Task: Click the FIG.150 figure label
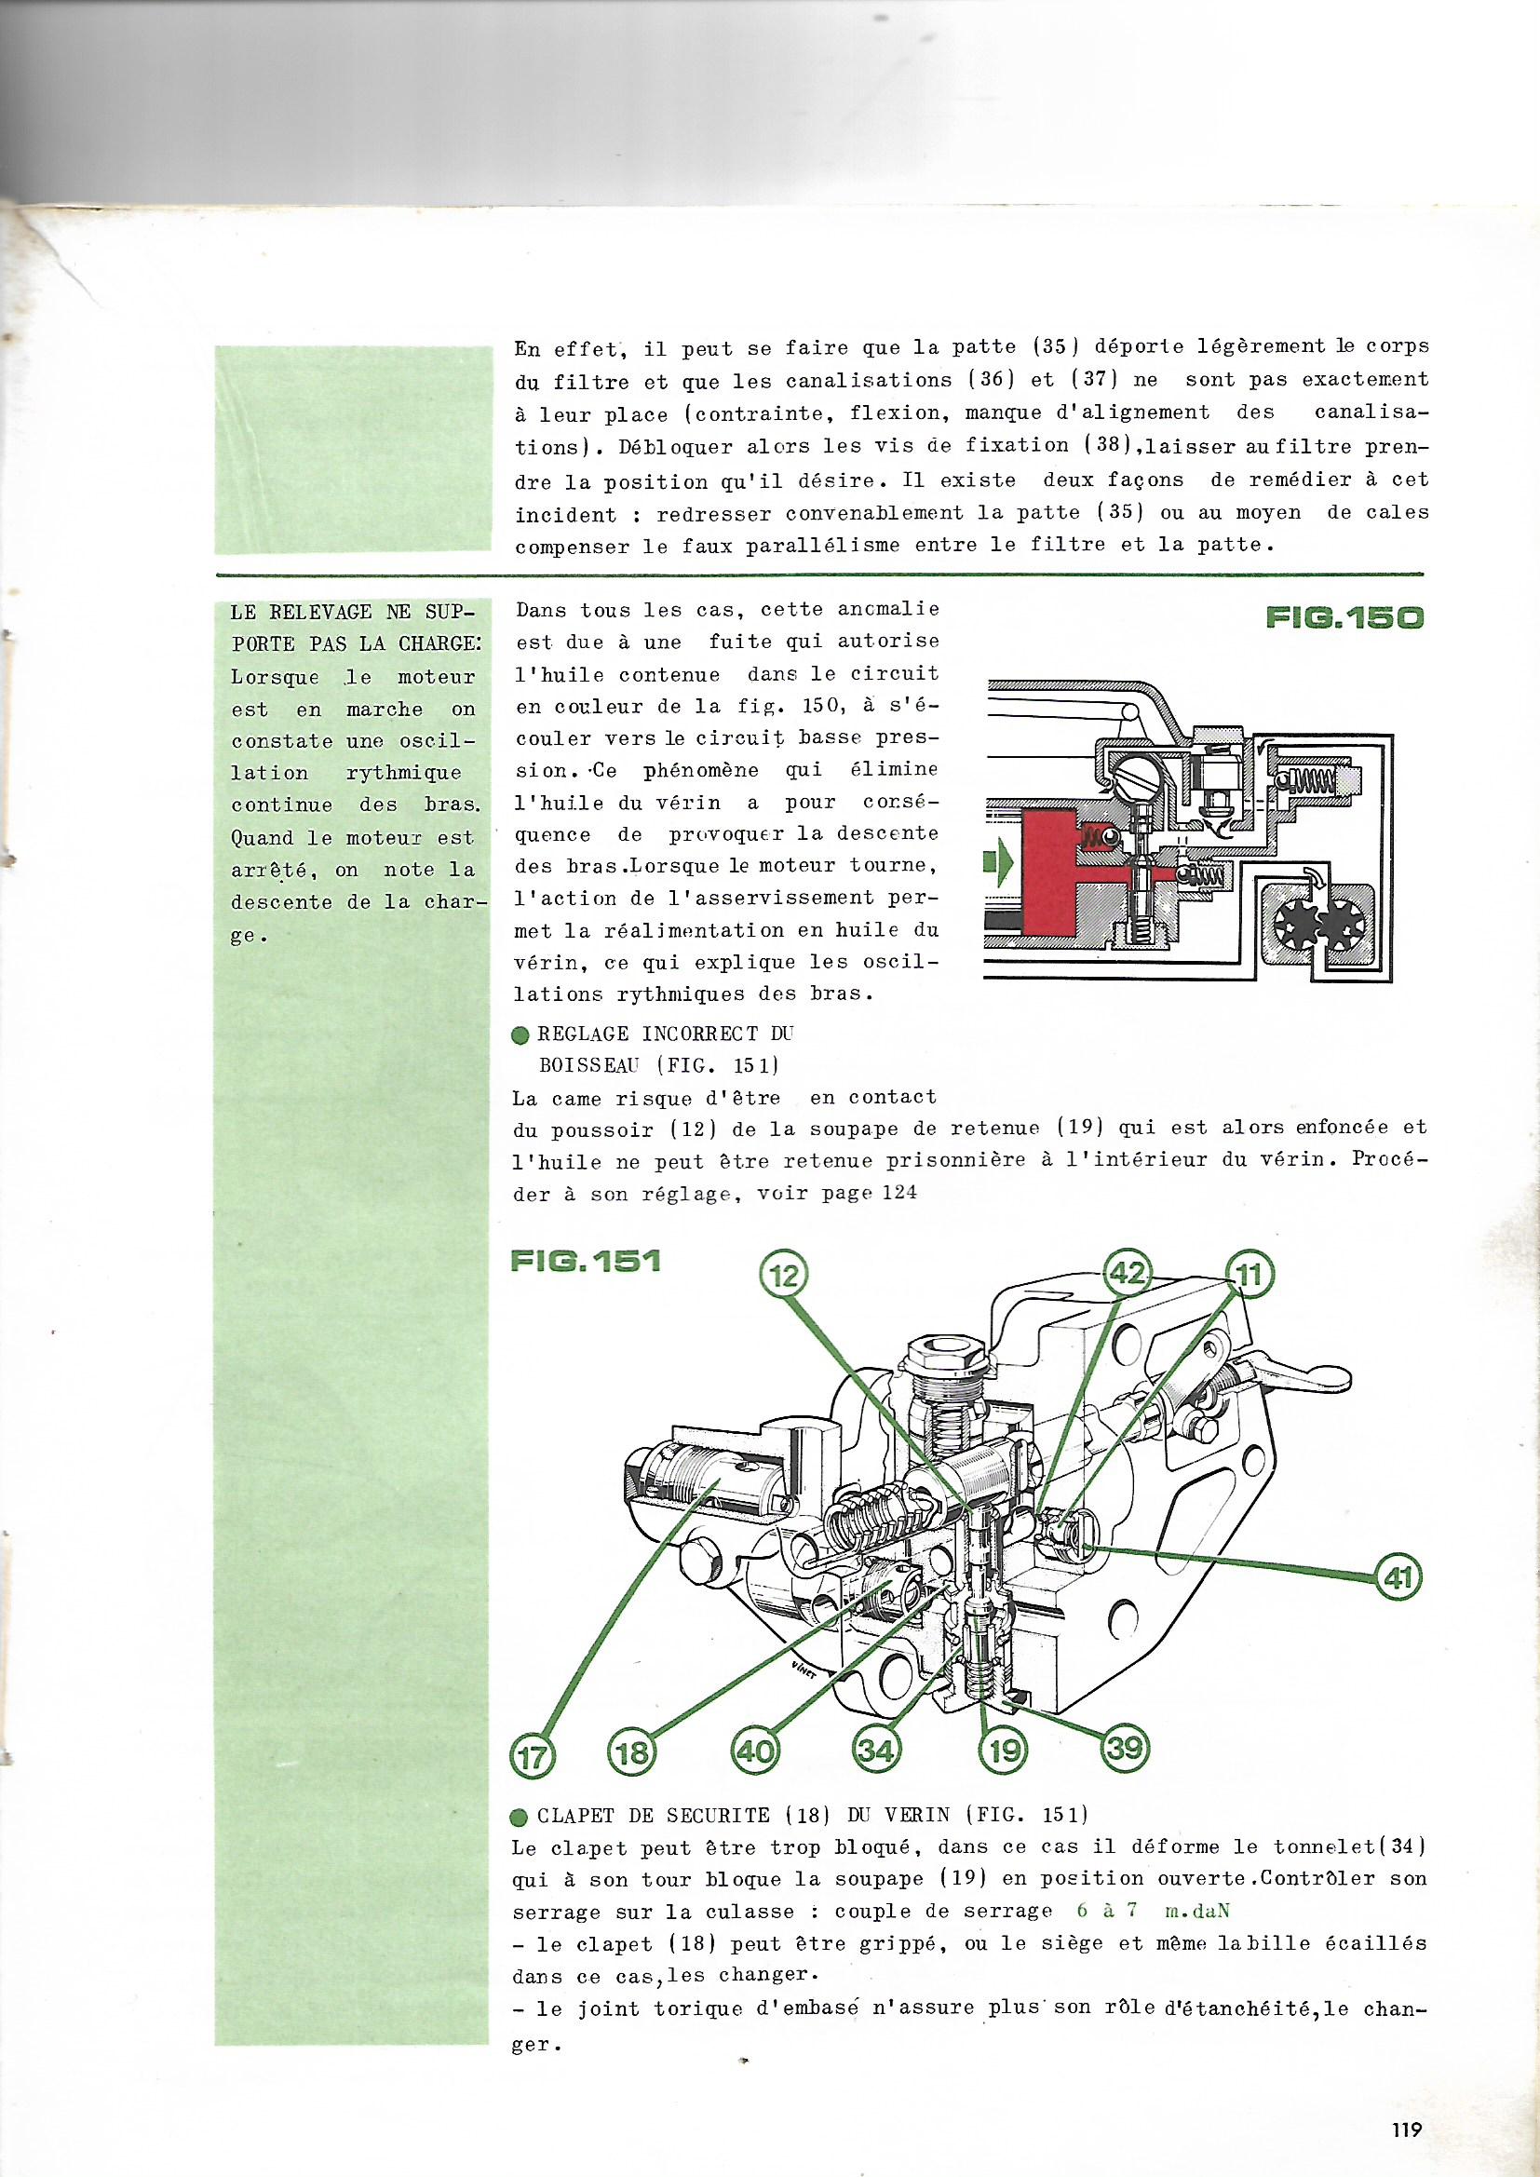pos(1344,618)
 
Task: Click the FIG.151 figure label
pos(585,1262)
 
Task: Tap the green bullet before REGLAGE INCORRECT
pos(520,1036)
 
